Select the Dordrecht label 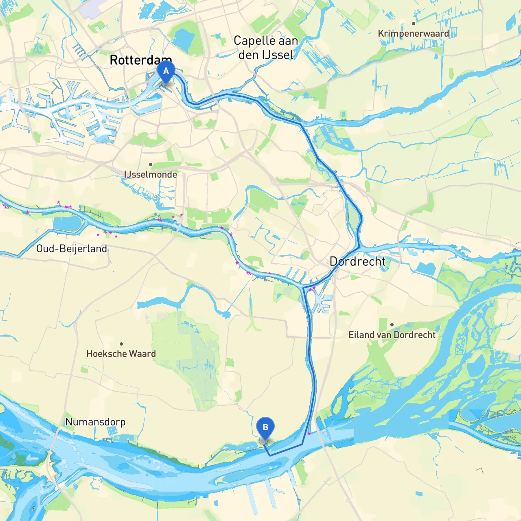click(357, 261)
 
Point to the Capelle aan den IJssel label click(266, 48)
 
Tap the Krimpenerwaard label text click(413, 33)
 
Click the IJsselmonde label click(151, 175)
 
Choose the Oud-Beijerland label click(72, 249)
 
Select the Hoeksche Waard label click(121, 354)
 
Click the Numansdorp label click(95, 422)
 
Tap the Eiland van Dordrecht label click(392, 335)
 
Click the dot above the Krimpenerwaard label click(413, 24)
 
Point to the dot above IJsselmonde click(151, 164)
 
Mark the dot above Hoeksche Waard click(121, 344)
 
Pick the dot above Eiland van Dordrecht click(392, 325)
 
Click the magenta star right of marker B click(309, 434)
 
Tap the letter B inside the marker click(265, 427)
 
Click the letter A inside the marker click(166, 70)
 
